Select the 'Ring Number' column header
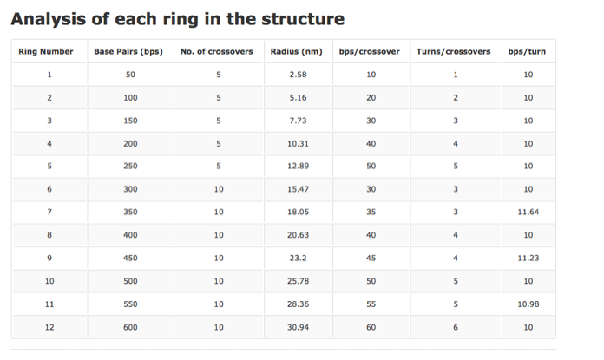(x=49, y=52)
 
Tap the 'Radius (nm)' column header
(x=297, y=52)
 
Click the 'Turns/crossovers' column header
(x=454, y=52)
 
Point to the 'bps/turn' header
(x=528, y=52)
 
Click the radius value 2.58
(x=297, y=75)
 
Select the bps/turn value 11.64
(x=528, y=212)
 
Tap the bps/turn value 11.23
(x=528, y=258)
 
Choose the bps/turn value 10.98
(x=528, y=304)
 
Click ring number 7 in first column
(x=49, y=212)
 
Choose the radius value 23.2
(x=297, y=258)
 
